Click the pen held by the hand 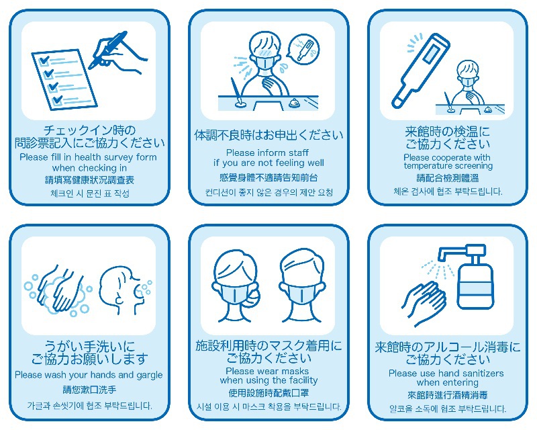coord(108,50)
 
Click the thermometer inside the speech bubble coord(304,50)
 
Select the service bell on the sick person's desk coord(293,103)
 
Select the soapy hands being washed coord(62,289)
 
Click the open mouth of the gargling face coord(140,292)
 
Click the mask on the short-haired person coord(300,294)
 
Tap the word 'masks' coord(295,371)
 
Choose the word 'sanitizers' coord(483,373)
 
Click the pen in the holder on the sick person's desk coord(236,91)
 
